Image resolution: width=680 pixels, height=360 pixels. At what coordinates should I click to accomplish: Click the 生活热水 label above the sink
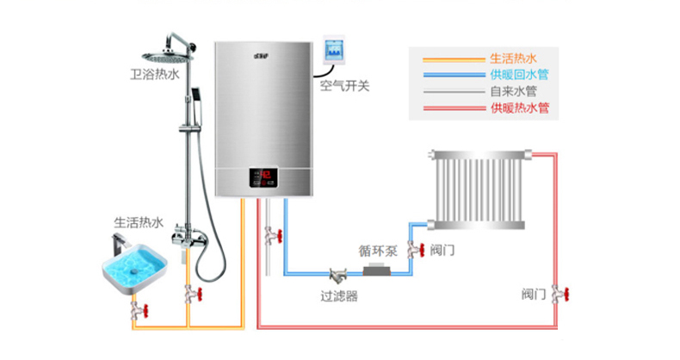tap(139, 222)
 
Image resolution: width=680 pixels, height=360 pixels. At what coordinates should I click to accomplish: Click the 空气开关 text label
tap(345, 86)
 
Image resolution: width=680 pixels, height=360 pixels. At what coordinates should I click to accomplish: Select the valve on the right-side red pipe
tap(560, 294)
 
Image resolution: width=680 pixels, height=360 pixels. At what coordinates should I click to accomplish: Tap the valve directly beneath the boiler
tap(270, 233)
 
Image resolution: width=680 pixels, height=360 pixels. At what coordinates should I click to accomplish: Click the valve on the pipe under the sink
tap(137, 307)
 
